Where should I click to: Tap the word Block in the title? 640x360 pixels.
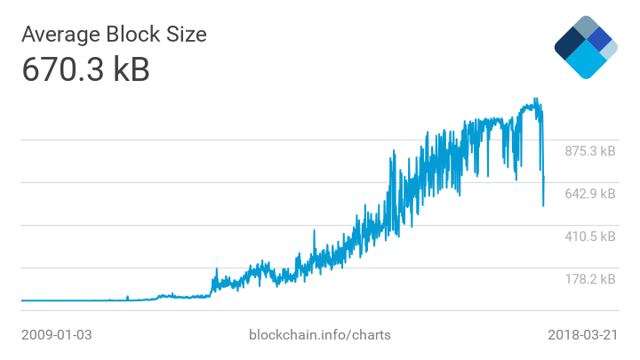(140, 35)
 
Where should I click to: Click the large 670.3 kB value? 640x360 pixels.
(85, 70)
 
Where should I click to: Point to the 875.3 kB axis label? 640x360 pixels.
(590, 151)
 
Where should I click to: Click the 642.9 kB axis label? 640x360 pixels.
(590, 194)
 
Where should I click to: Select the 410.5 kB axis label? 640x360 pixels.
(590, 236)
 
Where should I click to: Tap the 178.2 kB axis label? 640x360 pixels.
(590, 279)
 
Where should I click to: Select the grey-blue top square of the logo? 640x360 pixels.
(586, 26)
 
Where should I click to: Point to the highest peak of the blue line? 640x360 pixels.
(535, 99)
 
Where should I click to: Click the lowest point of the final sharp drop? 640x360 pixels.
(543, 206)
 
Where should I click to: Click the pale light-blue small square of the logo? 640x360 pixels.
(610, 50)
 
